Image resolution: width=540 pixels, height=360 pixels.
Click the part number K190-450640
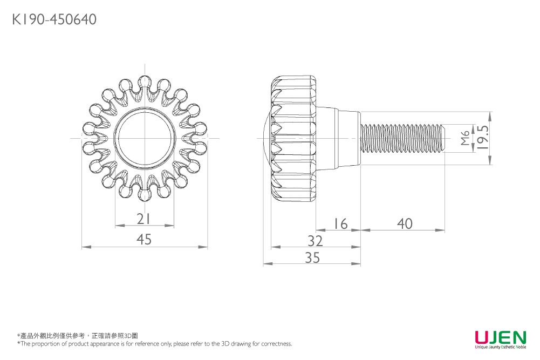point(54,20)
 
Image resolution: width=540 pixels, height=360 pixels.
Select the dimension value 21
point(143,219)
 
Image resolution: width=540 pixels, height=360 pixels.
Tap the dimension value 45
point(144,239)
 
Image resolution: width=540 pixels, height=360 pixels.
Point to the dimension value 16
point(340,223)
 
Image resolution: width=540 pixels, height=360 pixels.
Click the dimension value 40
point(404,223)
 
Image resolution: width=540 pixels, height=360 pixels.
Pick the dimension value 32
point(315,240)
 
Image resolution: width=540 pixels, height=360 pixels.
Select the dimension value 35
point(312,258)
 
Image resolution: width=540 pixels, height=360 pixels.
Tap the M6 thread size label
point(466,138)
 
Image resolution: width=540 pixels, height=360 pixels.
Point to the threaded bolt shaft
point(402,138)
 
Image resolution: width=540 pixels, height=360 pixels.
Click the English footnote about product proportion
point(155,344)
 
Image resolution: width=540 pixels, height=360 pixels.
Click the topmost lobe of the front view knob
point(144,82)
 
